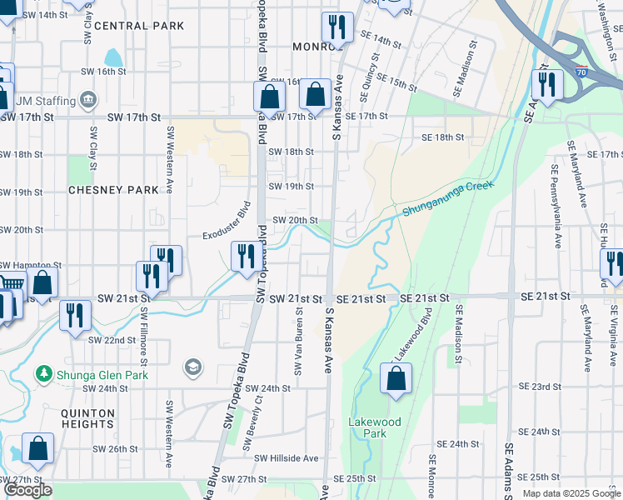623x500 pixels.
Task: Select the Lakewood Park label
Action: pyautogui.click(x=374, y=427)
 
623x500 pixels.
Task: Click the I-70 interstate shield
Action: pyautogui.click(x=581, y=72)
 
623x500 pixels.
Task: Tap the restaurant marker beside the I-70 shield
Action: pyautogui.click(x=547, y=84)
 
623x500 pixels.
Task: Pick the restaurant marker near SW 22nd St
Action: pyautogui.click(x=75, y=316)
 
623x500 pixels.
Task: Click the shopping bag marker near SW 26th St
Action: pyautogui.click(x=38, y=448)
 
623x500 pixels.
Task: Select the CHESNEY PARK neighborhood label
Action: pyautogui.click(x=113, y=190)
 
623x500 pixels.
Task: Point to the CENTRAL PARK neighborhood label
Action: pyautogui.click(x=139, y=26)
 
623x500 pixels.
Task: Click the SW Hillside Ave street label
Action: pyautogui.click(x=287, y=458)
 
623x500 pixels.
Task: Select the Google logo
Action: pyautogui.click(x=27, y=490)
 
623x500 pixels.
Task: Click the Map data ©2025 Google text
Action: pyautogui.click(x=571, y=493)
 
